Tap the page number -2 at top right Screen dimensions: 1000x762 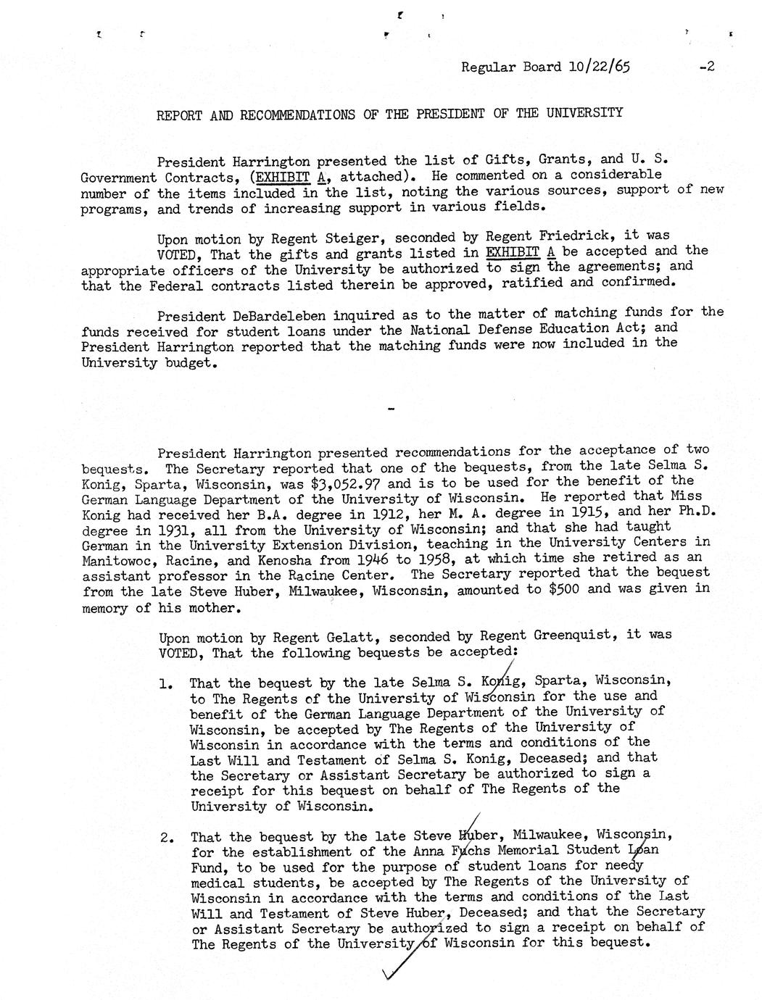[707, 67]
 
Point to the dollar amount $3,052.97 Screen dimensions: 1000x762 [347, 483]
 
